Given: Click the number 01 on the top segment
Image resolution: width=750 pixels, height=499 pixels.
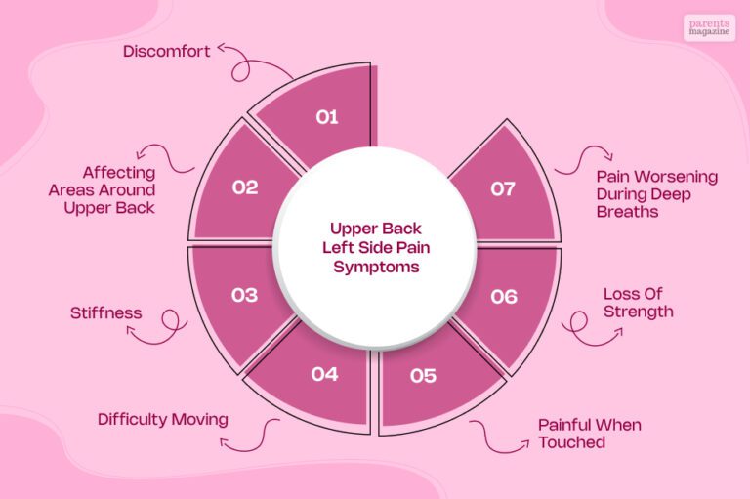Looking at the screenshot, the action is pyautogui.click(x=327, y=117).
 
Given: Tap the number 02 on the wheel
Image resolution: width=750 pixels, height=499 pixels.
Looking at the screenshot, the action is pyautogui.click(x=245, y=187).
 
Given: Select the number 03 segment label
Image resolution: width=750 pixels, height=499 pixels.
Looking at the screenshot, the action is pyautogui.click(x=244, y=295).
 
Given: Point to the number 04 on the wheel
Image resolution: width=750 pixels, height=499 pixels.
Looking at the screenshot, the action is pyautogui.click(x=325, y=374).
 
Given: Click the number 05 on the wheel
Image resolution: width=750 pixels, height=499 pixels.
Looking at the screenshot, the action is pyautogui.click(x=423, y=376).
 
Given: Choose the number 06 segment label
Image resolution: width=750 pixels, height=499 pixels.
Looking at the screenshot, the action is pyautogui.click(x=504, y=297).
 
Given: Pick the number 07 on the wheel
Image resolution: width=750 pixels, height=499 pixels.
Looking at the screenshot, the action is pyautogui.click(x=503, y=189).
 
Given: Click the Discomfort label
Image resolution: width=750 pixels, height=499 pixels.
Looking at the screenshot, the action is pyautogui.click(x=166, y=51).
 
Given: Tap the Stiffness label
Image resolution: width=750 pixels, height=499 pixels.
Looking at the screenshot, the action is pyautogui.click(x=106, y=312).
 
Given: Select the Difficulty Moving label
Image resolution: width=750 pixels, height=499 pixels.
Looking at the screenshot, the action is pyautogui.click(x=163, y=420).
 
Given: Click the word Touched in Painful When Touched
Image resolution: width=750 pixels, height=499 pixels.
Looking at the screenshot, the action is pyautogui.click(x=572, y=442).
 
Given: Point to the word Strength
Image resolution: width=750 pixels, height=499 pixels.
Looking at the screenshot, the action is pyautogui.click(x=639, y=312).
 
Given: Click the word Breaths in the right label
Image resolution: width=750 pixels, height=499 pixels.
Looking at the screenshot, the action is pyautogui.click(x=628, y=212).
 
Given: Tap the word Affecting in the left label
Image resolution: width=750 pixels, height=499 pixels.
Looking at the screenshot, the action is pyautogui.click(x=118, y=173).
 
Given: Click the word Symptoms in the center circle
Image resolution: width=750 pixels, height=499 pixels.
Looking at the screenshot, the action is pyautogui.click(x=376, y=267).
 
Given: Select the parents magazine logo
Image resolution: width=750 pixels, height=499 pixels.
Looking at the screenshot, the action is pyautogui.click(x=709, y=27).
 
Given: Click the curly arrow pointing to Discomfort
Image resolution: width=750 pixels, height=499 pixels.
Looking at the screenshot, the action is pyautogui.click(x=244, y=62).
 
